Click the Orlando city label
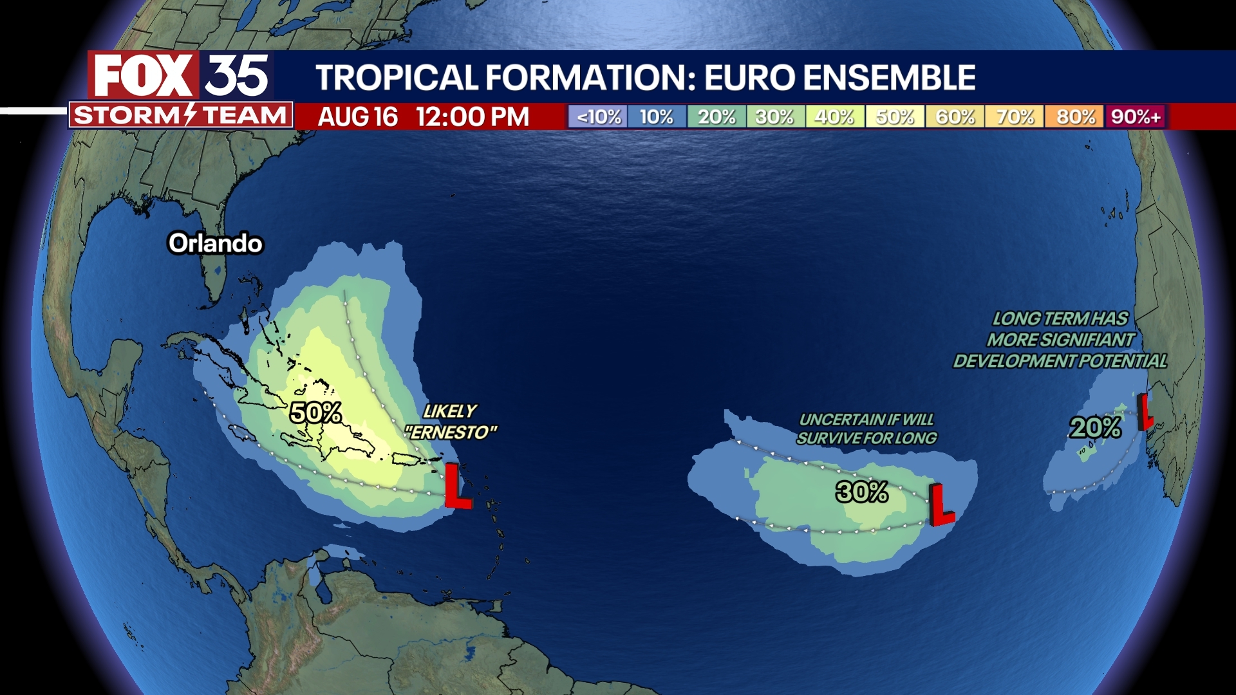(x=215, y=243)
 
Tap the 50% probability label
(x=315, y=412)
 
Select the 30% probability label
(x=862, y=492)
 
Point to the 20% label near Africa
(x=1095, y=427)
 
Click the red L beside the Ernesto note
(x=456, y=486)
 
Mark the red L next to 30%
(x=940, y=505)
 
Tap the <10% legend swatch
(x=598, y=117)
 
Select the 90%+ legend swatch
(x=1136, y=117)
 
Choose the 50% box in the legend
(x=895, y=117)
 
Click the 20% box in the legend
(x=716, y=117)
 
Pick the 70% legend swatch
(x=1015, y=117)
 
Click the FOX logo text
(x=144, y=76)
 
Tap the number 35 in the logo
(x=237, y=76)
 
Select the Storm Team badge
(x=181, y=116)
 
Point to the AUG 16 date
(x=358, y=117)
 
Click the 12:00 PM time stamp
(x=472, y=117)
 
